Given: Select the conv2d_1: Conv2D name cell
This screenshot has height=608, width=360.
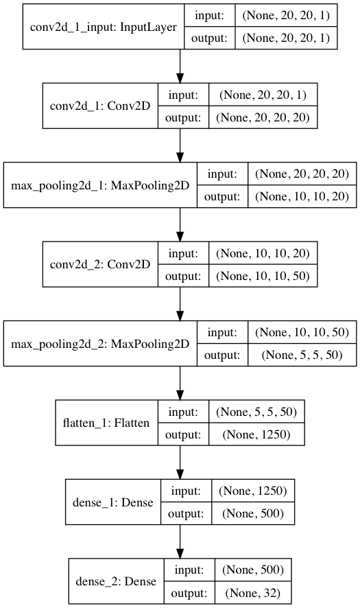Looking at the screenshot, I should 100,106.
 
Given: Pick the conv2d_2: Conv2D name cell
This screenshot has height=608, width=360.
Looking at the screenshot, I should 100,264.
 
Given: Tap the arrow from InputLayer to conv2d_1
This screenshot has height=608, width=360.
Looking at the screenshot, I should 180,66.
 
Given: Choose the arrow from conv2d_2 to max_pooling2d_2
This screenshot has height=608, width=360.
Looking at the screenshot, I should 180,302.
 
